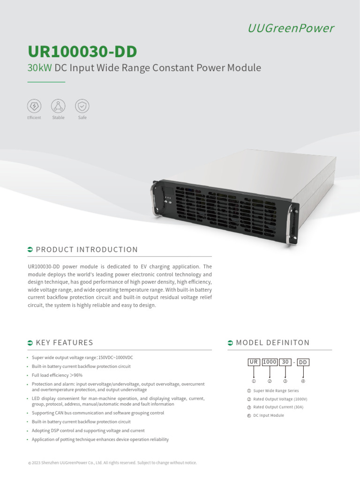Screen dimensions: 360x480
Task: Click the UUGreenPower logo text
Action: click(291, 29)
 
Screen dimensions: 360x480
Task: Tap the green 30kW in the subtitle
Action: click(40, 68)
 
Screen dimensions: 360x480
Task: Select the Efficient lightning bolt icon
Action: click(34, 105)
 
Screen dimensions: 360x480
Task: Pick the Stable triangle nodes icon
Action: click(58, 105)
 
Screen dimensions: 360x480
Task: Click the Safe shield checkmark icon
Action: click(82, 105)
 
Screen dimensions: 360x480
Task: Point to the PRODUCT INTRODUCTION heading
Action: click(87, 249)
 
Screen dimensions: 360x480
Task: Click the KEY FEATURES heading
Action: click(64, 343)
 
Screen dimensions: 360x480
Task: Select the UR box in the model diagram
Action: click(254, 362)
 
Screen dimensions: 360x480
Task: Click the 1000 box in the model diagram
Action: click(269, 362)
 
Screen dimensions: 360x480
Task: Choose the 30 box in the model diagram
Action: click(284, 362)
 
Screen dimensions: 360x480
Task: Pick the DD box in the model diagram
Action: click(303, 362)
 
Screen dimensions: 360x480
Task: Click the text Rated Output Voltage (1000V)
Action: click(280, 399)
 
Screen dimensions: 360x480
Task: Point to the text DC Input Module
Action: click(269, 415)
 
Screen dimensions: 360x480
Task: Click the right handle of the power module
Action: click(294, 225)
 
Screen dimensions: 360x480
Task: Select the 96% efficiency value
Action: click(78, 375)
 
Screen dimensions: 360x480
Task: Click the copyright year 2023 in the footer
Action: click(36, 463)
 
